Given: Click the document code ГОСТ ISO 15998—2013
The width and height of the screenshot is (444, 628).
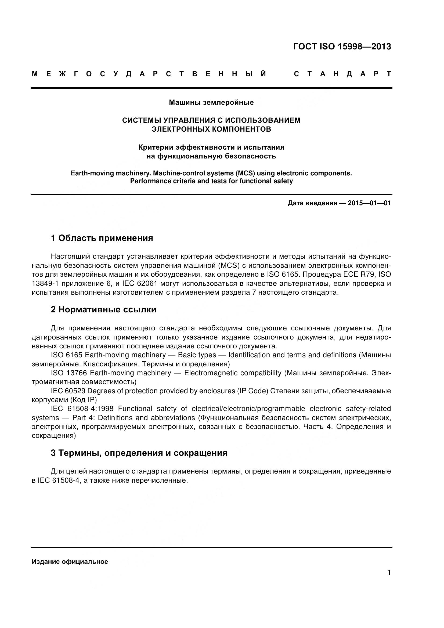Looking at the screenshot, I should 342,47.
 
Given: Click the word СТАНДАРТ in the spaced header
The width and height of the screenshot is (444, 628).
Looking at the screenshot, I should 342,74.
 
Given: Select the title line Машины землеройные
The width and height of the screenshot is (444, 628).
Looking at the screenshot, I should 211,103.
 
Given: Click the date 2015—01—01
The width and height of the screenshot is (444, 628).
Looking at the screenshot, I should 369,203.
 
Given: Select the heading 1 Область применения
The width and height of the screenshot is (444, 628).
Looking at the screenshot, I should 102,238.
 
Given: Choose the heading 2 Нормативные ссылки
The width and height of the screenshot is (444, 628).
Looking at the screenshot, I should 103,310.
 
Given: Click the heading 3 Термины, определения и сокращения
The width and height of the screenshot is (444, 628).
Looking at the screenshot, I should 139,453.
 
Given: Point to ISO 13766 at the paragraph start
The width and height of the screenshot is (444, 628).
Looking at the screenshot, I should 69,373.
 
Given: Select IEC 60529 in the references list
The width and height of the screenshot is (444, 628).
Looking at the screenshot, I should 68,391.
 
